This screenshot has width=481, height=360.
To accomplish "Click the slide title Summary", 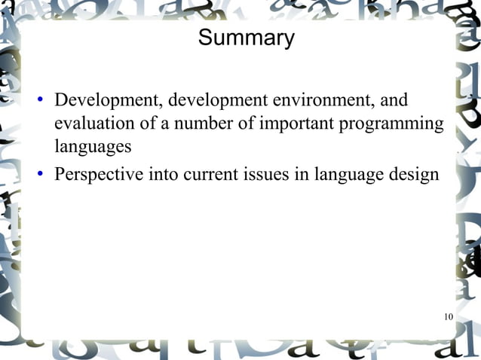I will (246, 38).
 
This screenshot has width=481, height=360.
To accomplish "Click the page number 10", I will (448, 316).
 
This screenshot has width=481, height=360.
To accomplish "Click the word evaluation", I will (89, 123).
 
